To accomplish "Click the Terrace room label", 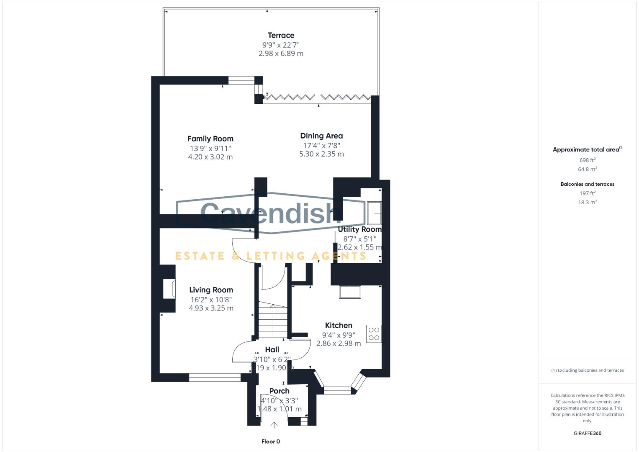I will tap(281, 36).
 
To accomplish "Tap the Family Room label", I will tap(210, 139).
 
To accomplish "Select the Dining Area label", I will tap(321, 136).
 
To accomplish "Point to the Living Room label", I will tap(211, 290).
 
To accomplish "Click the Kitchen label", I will tap(339, 325).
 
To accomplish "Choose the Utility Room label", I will tap(359, 229).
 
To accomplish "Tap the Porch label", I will tap(279, 391).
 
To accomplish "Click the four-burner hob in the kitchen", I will tap(374, 334).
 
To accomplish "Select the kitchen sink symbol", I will tap(350, 292).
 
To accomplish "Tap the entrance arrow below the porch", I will tap(274, 425).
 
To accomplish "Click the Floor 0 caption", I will tap(270, 442).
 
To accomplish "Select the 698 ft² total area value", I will tap(588, 160).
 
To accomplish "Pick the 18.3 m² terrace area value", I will tap(588, 202).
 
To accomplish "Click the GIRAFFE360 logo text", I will tap(588, 433).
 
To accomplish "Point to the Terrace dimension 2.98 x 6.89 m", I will tap(281, 54).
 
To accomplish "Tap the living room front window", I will tap(215, 378).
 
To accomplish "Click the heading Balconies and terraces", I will tap(588, 184).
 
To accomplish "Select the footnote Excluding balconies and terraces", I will tap(588, 370).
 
